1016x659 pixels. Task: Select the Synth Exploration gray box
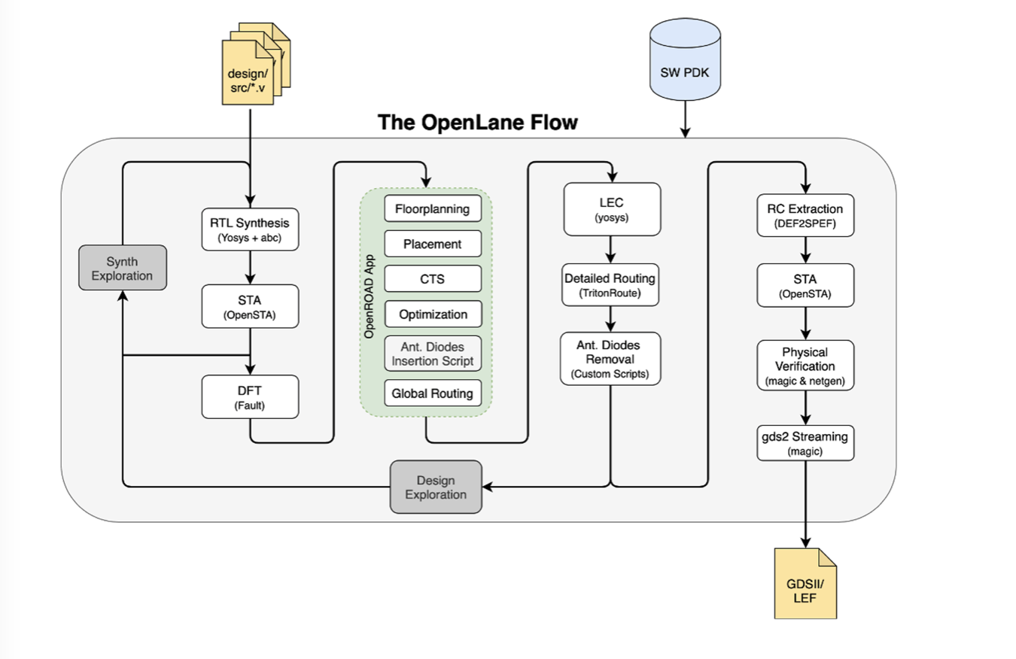click(x=122, y=268)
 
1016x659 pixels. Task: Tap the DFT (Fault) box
click(x=249, y=397)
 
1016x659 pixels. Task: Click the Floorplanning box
click(x=432, y=209)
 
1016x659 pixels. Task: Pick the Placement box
click(x=432, y=244)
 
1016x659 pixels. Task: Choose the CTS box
click(x=432, y=279)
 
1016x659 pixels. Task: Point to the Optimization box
click(x=432, y=314)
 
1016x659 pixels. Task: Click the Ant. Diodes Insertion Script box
click(x=432, y=354)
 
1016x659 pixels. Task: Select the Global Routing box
click(x=432, y=393)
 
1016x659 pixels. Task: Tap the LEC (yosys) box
click(x=611, y=208)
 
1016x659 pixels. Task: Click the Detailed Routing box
click(x=610, y=285)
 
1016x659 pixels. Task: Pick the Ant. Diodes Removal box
click(x=610, y=358)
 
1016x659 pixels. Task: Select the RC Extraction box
click(x=806, y=215)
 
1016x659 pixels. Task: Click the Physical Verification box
click(x=806, y=366)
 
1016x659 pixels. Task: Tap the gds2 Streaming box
click(x=806, y=443)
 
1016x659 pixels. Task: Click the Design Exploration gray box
click(x=436, y=487)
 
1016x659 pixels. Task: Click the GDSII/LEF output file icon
click(x=805, y=584)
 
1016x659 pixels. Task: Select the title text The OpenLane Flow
click(x=477, y=122)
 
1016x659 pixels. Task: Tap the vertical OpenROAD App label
click(x=370, y=302)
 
